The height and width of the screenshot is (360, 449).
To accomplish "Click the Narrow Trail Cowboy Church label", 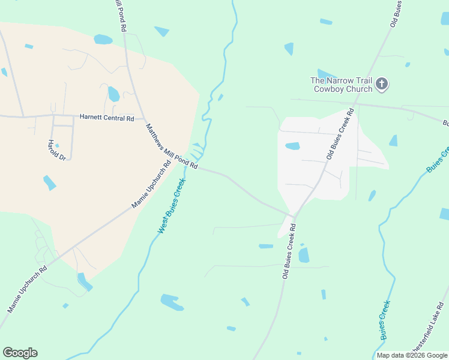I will (342, 84).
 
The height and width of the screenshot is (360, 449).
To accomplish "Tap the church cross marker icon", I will (383, 84).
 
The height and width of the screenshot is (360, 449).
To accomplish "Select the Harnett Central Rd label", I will (106, 118).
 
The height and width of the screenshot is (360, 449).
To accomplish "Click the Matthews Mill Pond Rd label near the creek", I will (172, 146).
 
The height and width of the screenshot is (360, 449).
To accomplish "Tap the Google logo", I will (20, 353).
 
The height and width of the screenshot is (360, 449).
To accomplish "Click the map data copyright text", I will (412, 355).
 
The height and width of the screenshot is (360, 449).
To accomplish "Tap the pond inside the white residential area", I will (292, 146).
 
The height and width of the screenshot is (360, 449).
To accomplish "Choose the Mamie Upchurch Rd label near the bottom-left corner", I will (27, 290).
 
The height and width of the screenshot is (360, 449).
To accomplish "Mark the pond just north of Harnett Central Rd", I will (113, 94).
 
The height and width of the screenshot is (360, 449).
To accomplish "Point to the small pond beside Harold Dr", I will (57, 145).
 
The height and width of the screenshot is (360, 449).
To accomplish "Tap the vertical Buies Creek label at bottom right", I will (385, 319).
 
